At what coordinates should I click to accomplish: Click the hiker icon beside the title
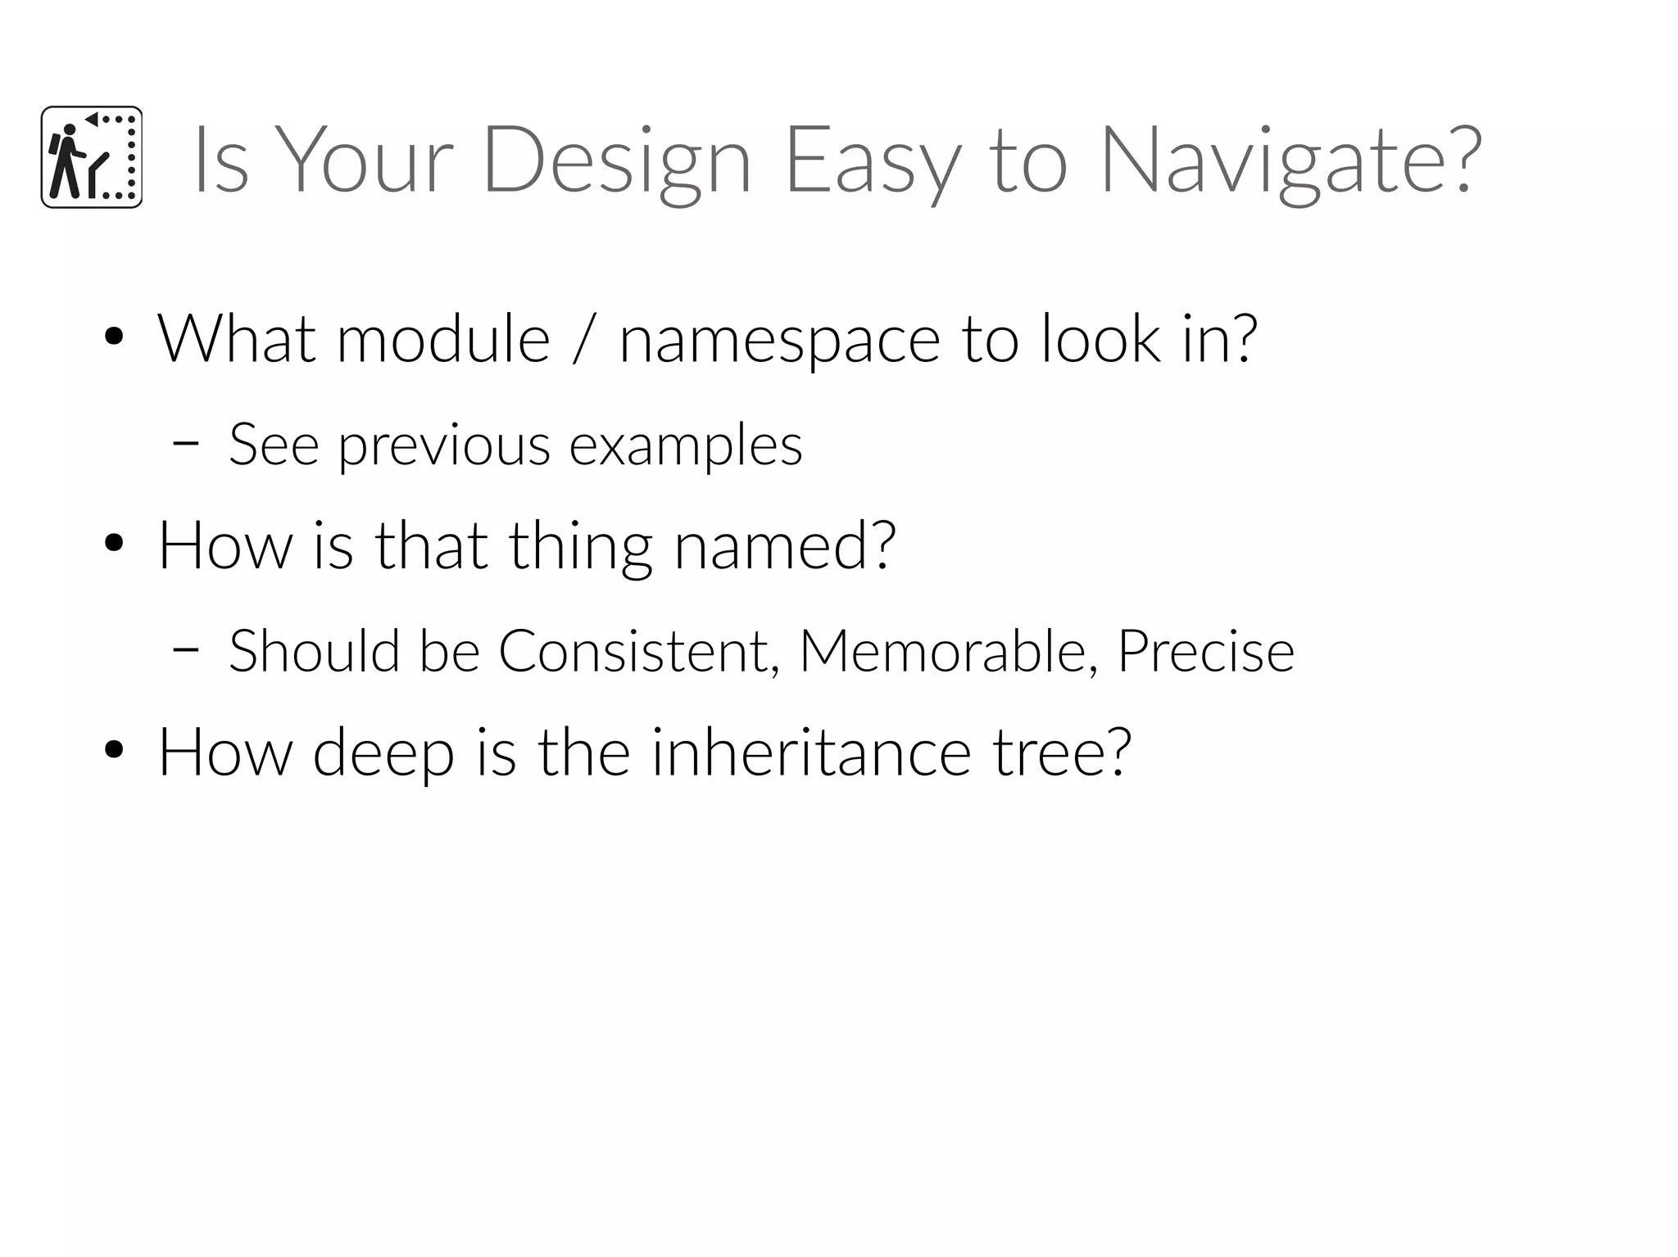tap(92, 157)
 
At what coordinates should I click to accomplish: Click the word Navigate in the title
tap(1290, 161)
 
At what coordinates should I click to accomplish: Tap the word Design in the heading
tap(617, 161)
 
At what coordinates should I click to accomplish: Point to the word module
tap(443, 339)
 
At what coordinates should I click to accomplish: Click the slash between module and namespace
tap(583, 339)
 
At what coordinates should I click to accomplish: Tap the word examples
tap(686, 447)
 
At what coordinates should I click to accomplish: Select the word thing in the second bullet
tap(580, 547)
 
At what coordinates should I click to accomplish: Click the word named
tap(784, 545)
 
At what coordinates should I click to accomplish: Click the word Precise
tap(1205, 652)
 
